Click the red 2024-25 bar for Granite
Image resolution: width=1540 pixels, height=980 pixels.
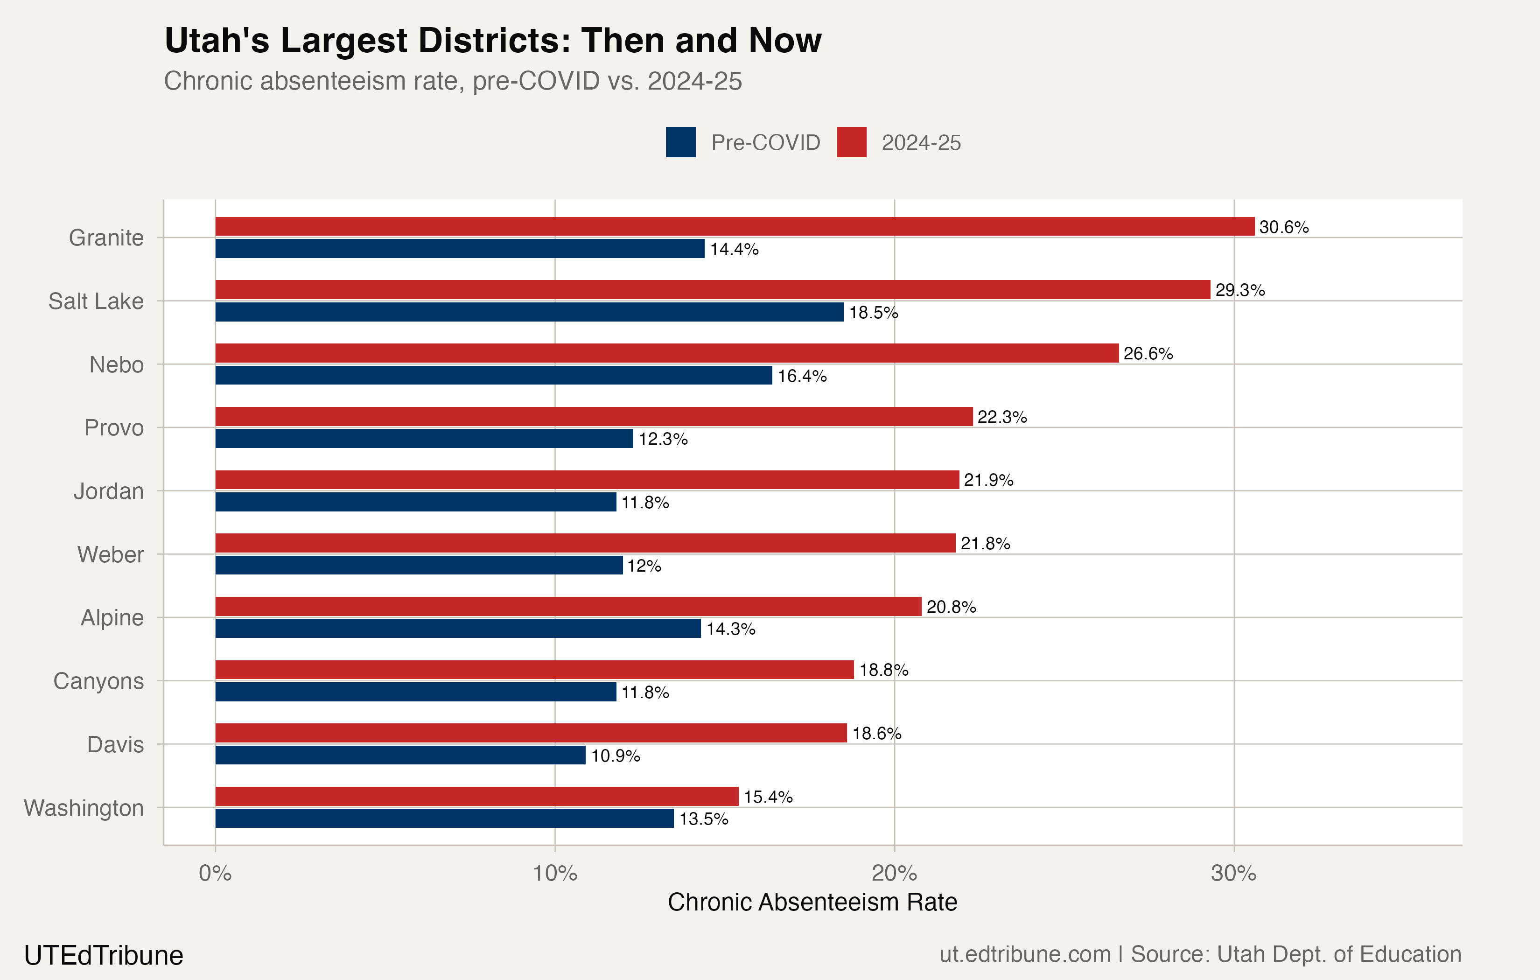point(734,226)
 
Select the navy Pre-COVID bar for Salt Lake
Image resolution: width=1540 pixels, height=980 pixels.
point(529,312)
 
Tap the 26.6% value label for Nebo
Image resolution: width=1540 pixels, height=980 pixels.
point(1148,354)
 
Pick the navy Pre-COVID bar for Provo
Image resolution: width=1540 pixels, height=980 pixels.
point(424,439)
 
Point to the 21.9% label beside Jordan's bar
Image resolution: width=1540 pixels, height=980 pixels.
point(988,480)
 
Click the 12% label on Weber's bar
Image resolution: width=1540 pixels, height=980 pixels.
point(644,566)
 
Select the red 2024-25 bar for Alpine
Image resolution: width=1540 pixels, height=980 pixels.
point(568,606)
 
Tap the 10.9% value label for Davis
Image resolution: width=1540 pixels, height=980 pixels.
point(615,756)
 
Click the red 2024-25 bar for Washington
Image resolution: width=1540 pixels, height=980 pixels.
point(476,797)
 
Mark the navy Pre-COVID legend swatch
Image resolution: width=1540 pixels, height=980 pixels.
point(680,142)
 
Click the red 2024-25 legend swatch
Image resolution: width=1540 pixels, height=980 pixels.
point(851,142)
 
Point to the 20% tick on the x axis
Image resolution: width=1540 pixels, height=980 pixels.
point(894,873)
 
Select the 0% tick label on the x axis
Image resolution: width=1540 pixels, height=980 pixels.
point(215,873)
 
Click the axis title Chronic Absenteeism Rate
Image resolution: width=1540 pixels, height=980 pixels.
point(812,902)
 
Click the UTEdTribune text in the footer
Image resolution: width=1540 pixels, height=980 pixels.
point(104,956)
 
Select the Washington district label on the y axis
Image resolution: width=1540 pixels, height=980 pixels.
point(84,808)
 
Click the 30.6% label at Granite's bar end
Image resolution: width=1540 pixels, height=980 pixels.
point(1283,227)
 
